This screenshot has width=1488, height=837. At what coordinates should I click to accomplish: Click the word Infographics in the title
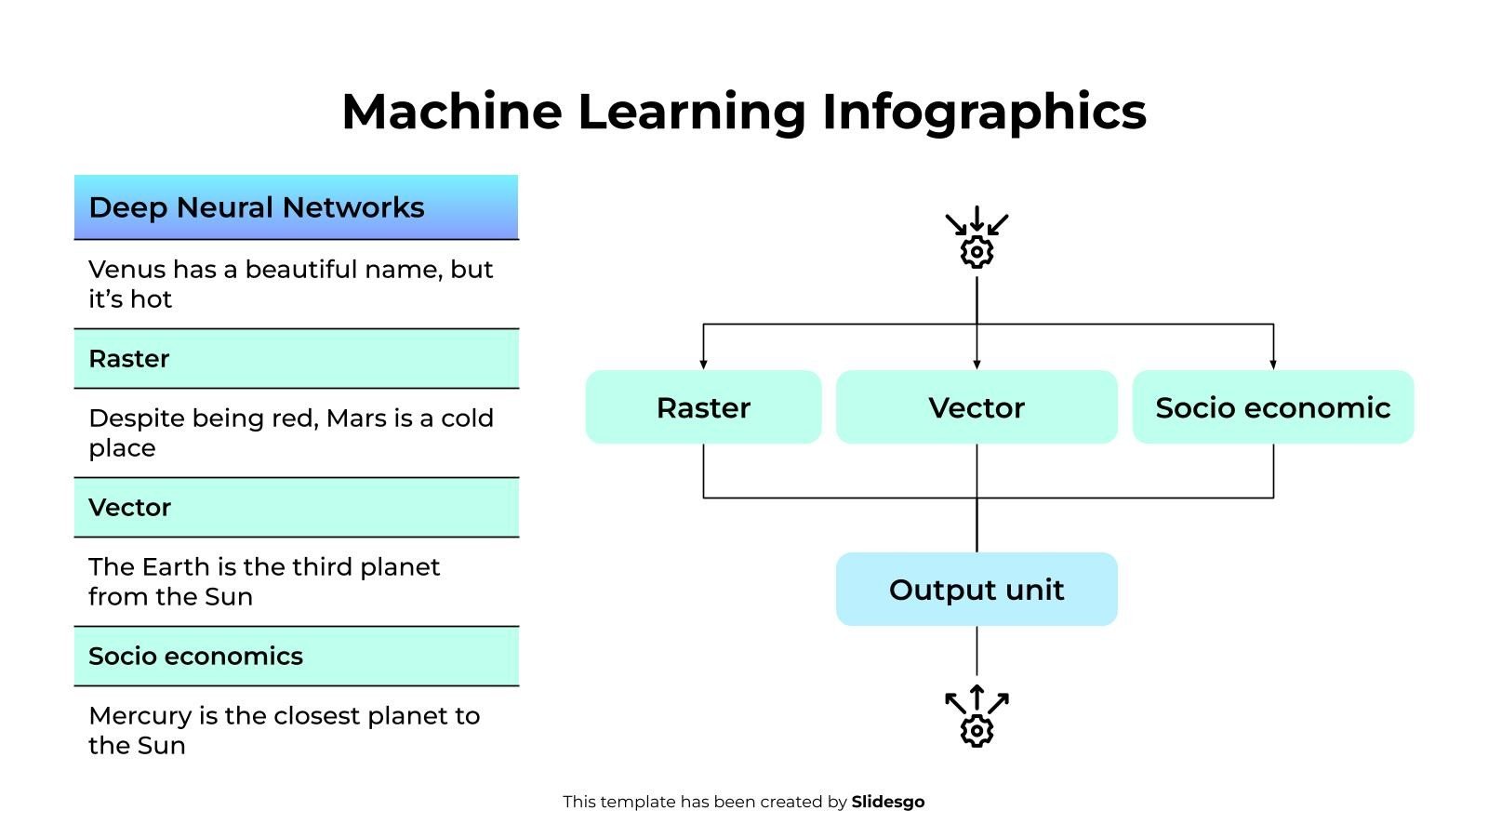coord(984,112)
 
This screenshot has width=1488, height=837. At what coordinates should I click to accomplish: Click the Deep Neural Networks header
coord(257,207)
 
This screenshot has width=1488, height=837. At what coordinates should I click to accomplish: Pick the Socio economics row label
coord(196,657)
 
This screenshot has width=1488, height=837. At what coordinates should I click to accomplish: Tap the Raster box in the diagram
coord(703,407)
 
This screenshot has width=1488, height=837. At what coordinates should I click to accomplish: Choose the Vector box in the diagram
coord(976,407)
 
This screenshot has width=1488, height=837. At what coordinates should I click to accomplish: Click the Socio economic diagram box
coord(1272,407)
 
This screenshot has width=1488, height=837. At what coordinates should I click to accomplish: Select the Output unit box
coord(976,590)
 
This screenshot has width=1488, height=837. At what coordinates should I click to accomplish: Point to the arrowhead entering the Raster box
coord(703,365)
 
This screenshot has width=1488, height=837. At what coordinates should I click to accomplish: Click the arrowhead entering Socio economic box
coord(1273,365)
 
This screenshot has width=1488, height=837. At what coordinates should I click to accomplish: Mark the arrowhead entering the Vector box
coord(976,365)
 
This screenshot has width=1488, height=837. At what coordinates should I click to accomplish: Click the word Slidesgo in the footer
coord(887,802)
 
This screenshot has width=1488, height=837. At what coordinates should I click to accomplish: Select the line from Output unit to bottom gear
coord(976,651)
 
